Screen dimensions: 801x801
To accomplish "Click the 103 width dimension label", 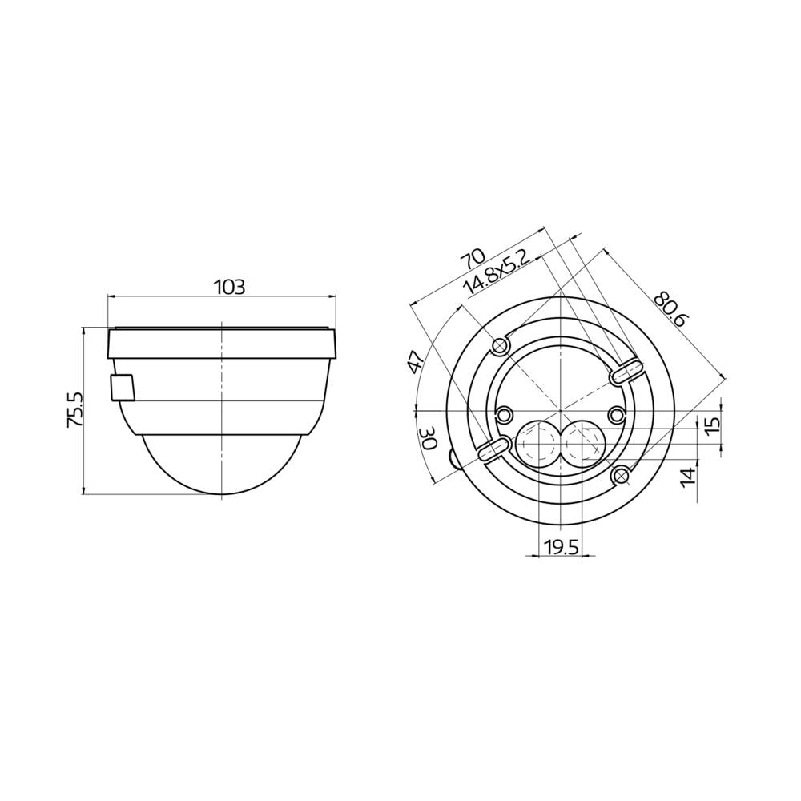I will coord(229,287).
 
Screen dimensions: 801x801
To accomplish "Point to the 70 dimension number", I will coord(473,260).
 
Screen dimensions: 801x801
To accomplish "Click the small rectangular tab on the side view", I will coord(122,387).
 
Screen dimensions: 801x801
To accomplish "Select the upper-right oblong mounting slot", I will coord(626,372).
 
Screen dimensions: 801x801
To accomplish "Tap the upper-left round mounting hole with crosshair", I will coord(501,345).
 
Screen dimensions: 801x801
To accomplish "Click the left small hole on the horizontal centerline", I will coord(505,413).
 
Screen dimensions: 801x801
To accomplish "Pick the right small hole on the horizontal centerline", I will coord(616,413).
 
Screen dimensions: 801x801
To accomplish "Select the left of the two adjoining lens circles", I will coord(535,443).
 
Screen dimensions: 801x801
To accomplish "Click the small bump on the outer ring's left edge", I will coord(455,459).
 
